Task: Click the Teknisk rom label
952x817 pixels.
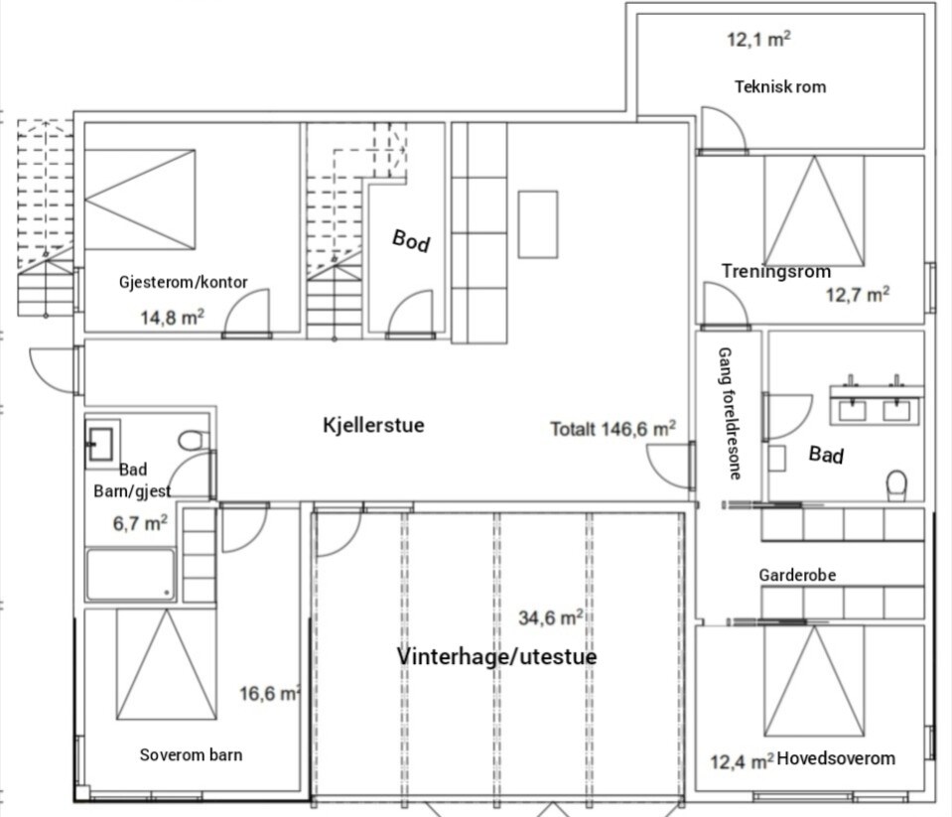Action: pos(780,86)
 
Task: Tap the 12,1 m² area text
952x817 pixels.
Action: pos(759,40)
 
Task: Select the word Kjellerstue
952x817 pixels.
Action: pos(373,425)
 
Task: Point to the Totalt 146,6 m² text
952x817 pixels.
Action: pos(613,429)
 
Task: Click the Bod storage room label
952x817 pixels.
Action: pos(411,240)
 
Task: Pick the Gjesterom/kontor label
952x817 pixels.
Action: pos(184,282)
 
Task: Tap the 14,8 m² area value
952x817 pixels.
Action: pos(173,317)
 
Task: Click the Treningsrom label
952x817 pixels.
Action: pos(776,271)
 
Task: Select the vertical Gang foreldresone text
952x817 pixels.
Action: pos(730,413)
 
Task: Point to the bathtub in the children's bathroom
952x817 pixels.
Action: pos(130,574)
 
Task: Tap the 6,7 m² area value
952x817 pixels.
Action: pos(140,523)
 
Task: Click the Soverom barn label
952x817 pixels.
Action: pos(191,754)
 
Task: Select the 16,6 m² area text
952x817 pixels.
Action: pos(270,693)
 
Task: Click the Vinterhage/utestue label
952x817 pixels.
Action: pos(496,656)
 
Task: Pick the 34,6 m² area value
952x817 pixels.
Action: pos(551,617)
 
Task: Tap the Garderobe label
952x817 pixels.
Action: pos(797,575)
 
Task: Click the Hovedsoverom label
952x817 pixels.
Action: pos(836,758)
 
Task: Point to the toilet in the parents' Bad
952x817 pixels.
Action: pos(896,485)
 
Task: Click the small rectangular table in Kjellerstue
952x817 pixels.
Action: pos(538,224)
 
